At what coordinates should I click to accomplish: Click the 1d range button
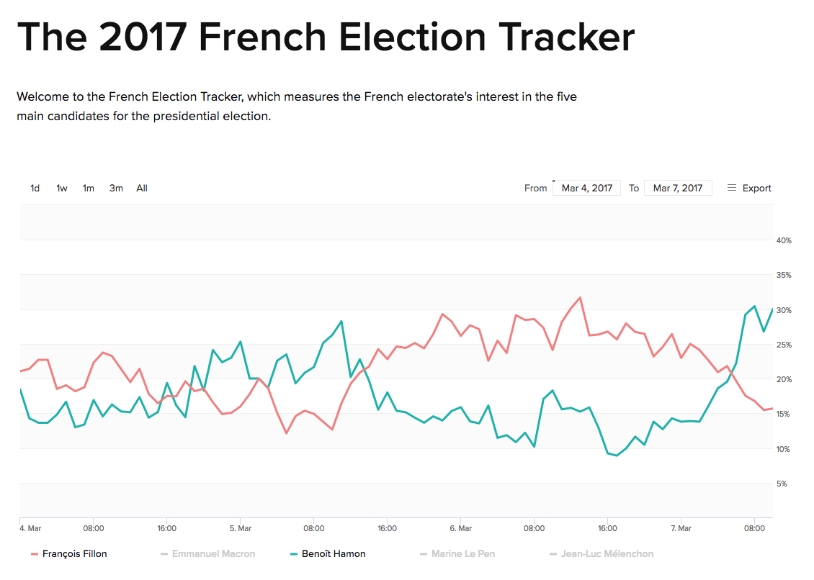[x=35, y=189]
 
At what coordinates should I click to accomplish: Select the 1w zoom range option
[x=62, y=189]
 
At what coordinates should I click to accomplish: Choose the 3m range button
[x=116, y=189]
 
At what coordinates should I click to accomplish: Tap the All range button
[x=142, y=189]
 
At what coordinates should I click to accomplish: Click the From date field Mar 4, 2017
[x=586, y=189]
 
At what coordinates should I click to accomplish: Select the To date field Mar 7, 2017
[x=677, y=189]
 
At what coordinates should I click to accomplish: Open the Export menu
[x=749, y=189]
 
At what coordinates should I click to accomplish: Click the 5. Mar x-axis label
[x=241, y=528]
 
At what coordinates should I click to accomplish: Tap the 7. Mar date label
[x=681, y=528]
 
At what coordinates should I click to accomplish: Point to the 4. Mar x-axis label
[x=30, y=528]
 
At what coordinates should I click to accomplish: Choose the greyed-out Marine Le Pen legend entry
[x=462, y=554]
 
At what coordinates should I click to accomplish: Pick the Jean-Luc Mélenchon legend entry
[x=607, y=554]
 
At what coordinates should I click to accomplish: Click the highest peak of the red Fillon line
[x=580, y=297]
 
